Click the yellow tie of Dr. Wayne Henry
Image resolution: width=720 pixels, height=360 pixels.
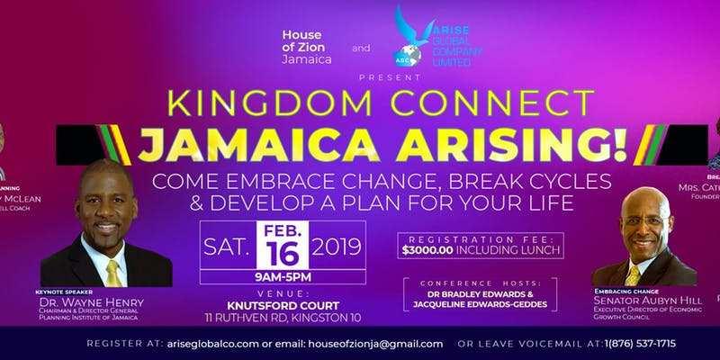pos(113,270)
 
